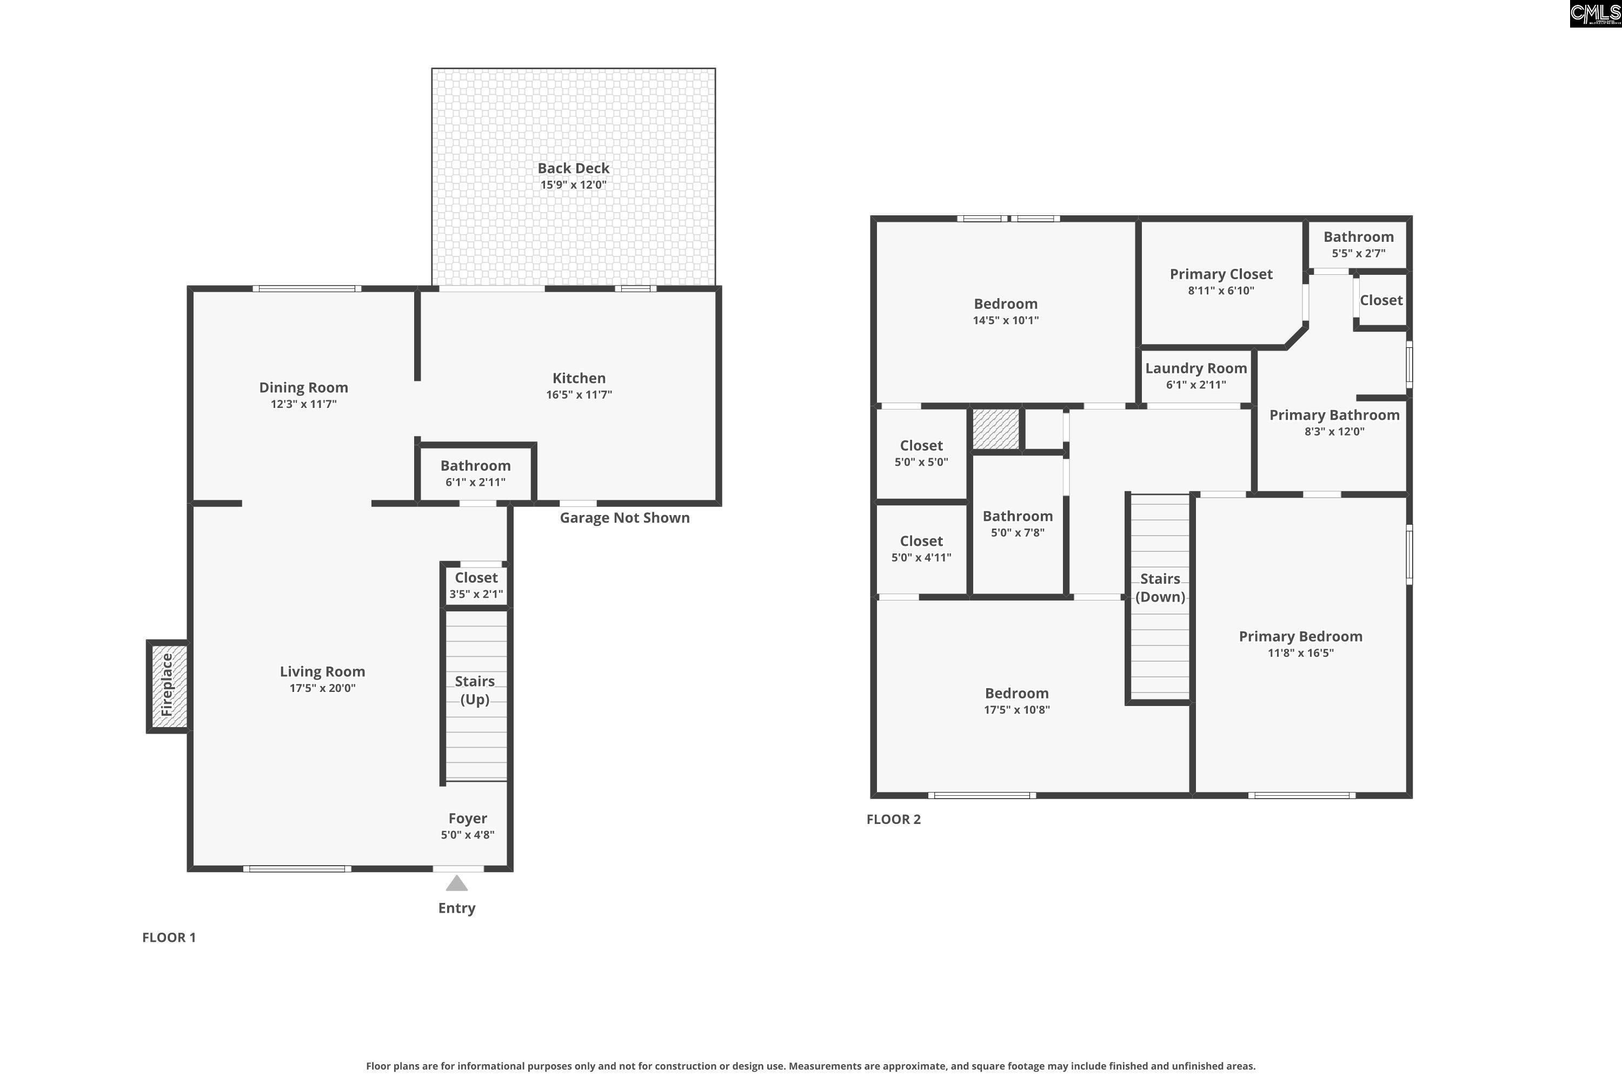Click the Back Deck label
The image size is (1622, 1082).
point(573,168)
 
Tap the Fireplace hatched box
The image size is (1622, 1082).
point(168,686)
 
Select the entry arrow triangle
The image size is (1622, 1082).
point(456,883)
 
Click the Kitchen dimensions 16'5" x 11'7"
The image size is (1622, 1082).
point(579,395)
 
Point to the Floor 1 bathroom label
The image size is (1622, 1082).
point(475,466)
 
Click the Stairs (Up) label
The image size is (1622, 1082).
point(475,690)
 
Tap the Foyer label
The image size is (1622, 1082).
point(468,819)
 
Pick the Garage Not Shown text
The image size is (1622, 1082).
point(624,518)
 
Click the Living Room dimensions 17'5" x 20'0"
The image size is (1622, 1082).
point(322,688)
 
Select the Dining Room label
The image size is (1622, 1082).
point(303,388)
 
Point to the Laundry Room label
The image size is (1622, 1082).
point(1196,368)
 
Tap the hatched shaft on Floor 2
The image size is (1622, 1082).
point(996,428)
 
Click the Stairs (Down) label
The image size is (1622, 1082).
point(1160,588)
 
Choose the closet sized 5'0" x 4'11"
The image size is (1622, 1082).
point(921,549)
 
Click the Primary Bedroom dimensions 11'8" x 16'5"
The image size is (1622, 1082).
point(1300,653)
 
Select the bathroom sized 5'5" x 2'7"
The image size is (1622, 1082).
point(1358,245)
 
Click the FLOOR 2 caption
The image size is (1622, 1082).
point(893,819)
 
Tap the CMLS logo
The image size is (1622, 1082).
point(1595,14)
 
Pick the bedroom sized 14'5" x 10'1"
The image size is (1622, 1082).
point(1005,311)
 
